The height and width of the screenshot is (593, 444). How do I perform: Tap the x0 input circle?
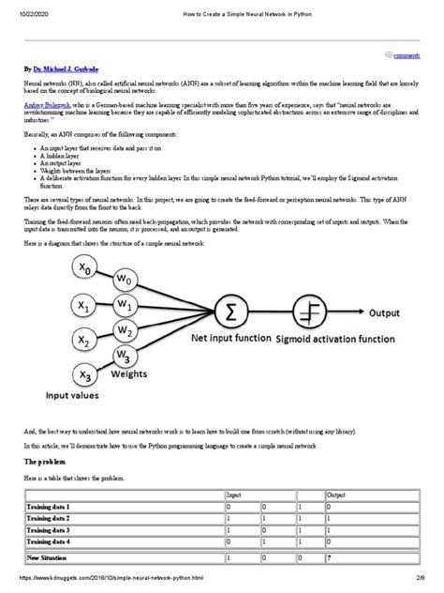(85, 267)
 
